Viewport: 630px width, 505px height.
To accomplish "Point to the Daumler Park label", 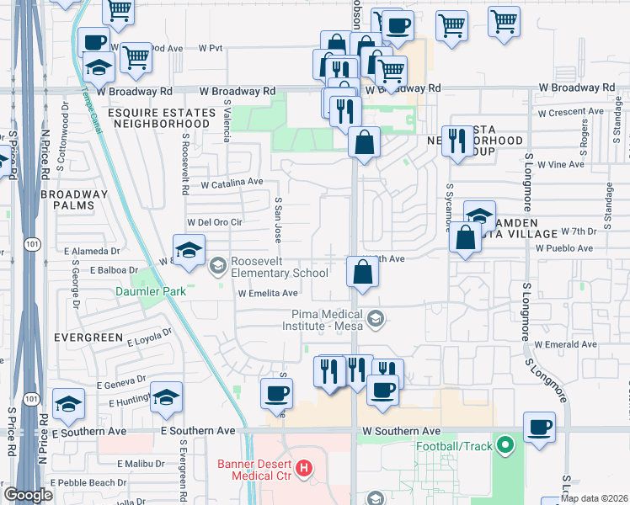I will pos(150,292).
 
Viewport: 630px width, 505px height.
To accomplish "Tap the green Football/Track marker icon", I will pos(505,444).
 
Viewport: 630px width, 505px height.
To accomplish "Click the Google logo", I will pos(29,495).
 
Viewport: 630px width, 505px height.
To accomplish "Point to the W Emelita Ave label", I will pos(268,294).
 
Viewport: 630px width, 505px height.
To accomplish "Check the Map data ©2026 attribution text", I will pos(595,498).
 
